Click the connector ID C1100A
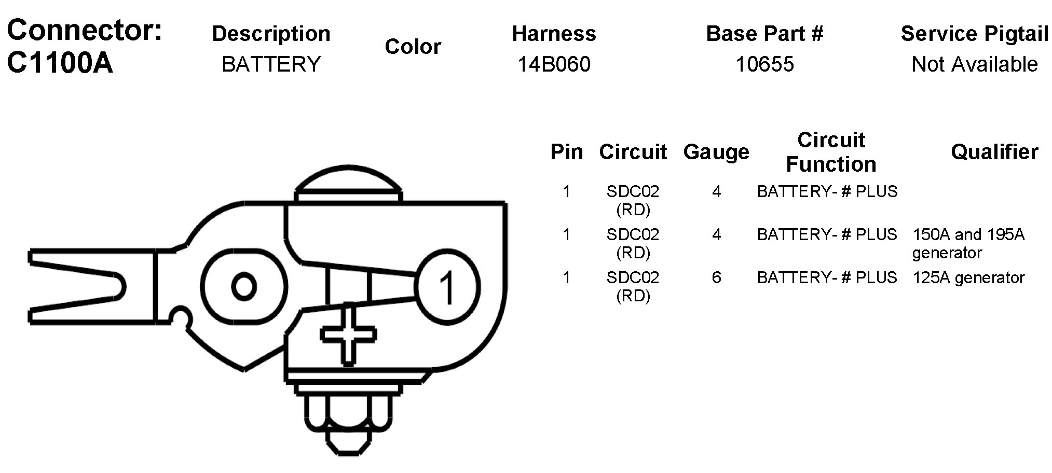click(60, 63)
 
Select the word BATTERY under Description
click(271, 64)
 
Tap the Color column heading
click(413, 47)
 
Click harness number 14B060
click(554, 64)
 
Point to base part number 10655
click(764, 64)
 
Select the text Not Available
click(974, 64)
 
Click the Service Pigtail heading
click(974, 34)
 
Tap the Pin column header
click(566, 152)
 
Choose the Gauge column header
click(716, 152)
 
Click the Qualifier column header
click(994, 152)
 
